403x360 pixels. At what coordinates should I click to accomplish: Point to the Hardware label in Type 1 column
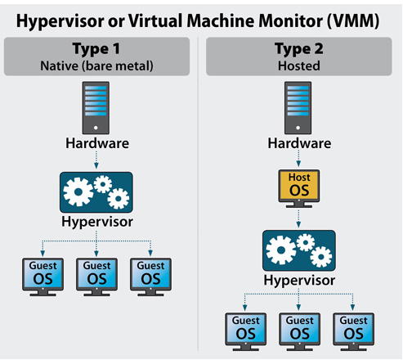pyautogui.click(x=97, y=144)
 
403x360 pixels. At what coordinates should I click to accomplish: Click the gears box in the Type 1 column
pyautogui.click(x=97, y=190)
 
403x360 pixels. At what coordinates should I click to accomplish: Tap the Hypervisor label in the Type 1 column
pyautogui.click(x=97, y=223)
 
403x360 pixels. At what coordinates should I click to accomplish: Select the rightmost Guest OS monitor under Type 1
pyautogui.click(x=151, y=273)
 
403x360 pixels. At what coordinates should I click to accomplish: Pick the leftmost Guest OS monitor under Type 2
pyautogui.click(x=243, y=329)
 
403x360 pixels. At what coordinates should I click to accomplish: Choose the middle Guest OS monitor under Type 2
pyautogui.click(x=298, y=329)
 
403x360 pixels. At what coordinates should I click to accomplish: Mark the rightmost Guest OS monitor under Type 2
pyautogui.click(x=352, y=329)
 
